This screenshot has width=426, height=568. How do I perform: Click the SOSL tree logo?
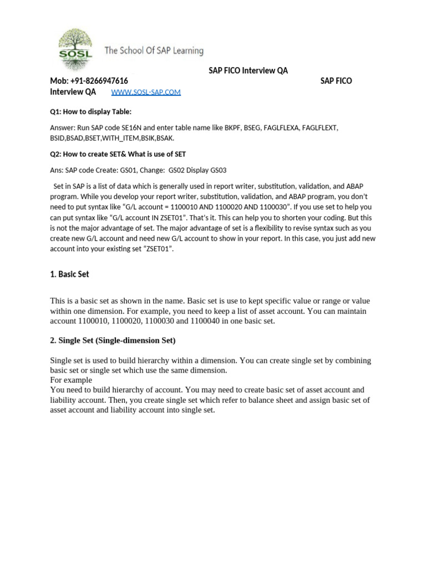click(x=75, y=49)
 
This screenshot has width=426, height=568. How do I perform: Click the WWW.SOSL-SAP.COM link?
click(x=146, y=92)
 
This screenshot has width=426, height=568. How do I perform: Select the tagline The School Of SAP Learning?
click(x=154, y=51)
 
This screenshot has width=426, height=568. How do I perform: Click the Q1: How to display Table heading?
click(x=91, y=111)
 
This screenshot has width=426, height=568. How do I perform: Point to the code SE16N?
click(x=129, y=128)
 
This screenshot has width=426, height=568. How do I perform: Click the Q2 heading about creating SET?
click(x=122, y=154)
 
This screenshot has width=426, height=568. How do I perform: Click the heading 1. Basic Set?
click(x=69, y=274)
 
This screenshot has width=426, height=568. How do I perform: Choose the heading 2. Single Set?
click(x=113, y=340)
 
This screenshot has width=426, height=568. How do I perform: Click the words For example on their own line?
click(x=71, y=380)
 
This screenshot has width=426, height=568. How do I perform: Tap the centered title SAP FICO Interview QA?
click(x=248, y=70)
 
